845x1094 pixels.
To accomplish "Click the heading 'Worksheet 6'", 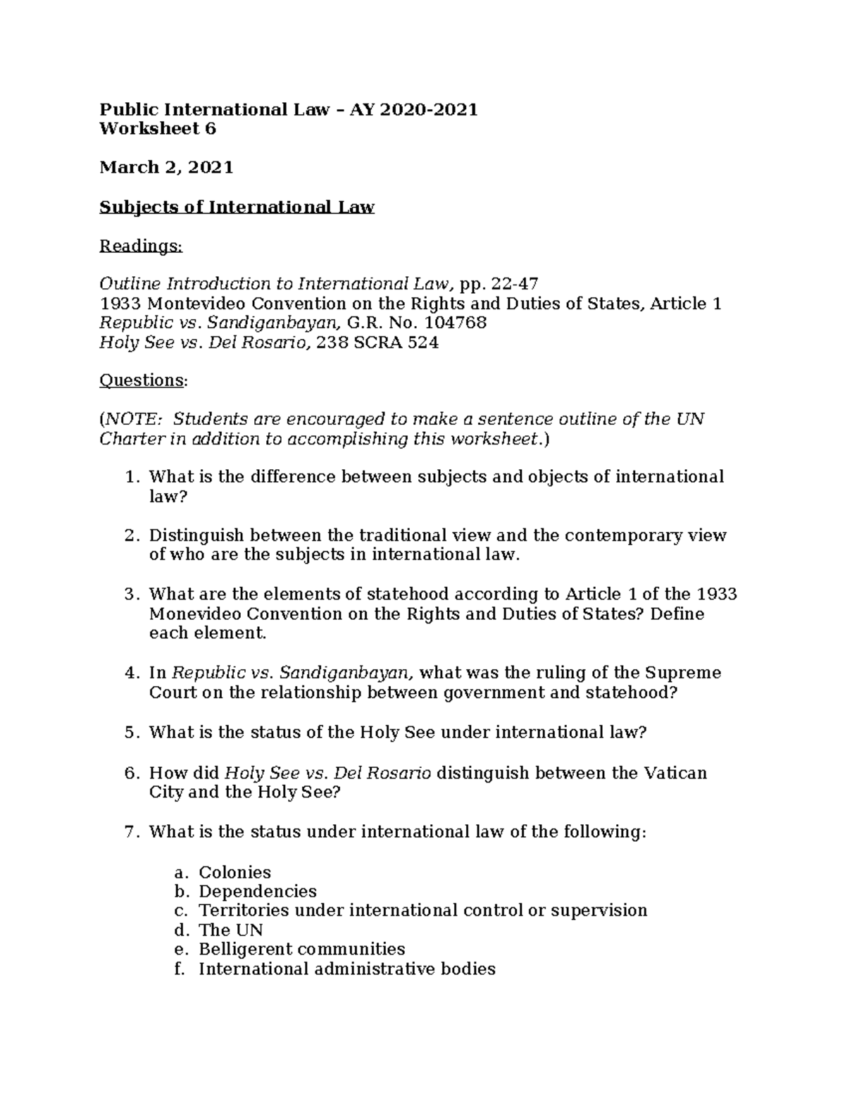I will [x=158, y=129].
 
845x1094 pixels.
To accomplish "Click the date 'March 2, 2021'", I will [x=166, y=168].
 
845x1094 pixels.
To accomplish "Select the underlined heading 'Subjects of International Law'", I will [x=237, y=207].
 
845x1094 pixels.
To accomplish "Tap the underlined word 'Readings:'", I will [x=141, y=246].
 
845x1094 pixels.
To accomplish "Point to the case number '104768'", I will [x=454, y=323].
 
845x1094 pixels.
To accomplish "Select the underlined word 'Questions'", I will [x=142, y=380].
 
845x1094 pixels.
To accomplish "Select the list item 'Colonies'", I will [x=234, y=872].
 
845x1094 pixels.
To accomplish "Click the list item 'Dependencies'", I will [x=258, y=891].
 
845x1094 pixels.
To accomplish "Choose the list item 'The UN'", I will [x=230, y=930].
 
